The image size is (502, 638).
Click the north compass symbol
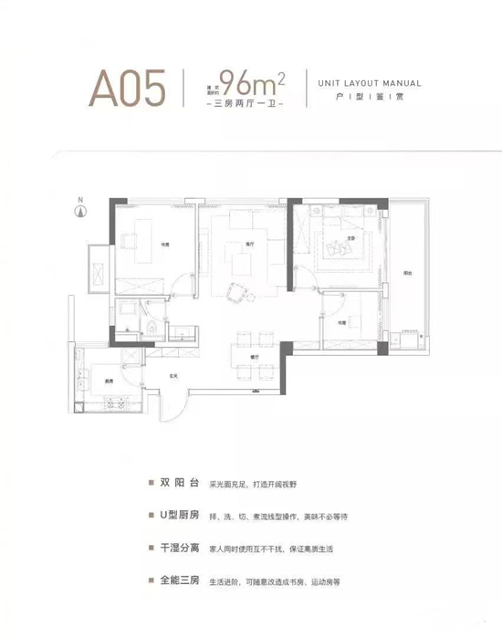point(80,211)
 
